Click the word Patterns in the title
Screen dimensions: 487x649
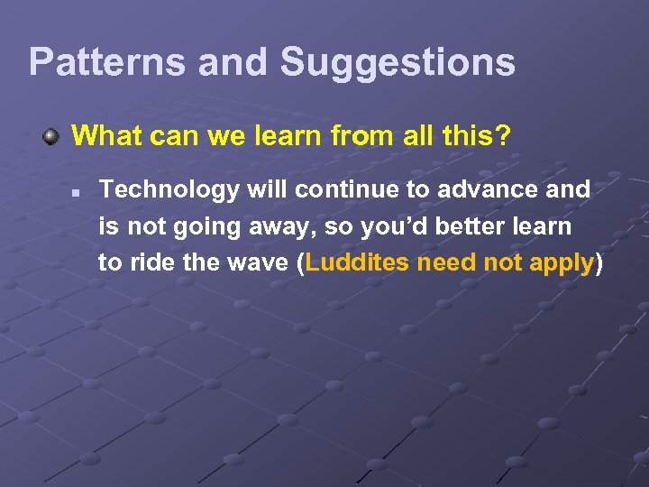(105, 62)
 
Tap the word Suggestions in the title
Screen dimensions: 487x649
(398, 62)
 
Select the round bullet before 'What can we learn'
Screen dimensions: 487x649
(53, 137)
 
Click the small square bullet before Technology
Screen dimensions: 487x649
(79, 191)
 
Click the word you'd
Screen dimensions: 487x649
(388, 226)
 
